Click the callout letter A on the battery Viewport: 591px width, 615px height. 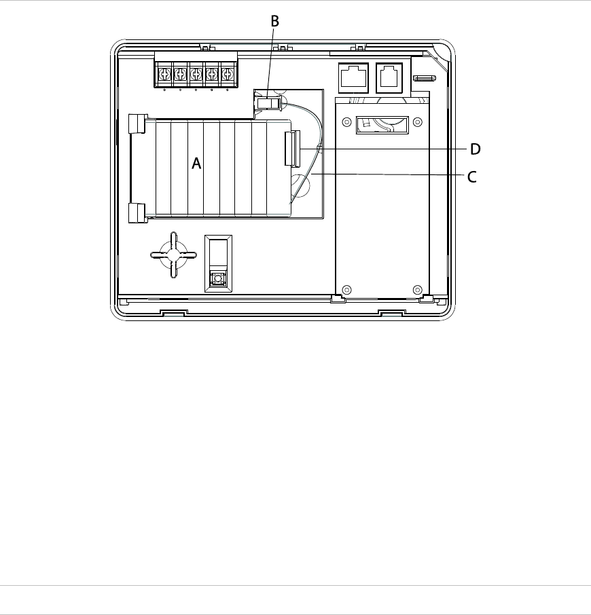tap(196, 163)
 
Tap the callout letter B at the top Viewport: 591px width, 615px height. tap(274, 21)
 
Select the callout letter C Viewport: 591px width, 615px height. tap(471, 177)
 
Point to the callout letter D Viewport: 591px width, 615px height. tap(476, 149)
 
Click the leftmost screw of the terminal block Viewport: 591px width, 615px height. tap(164, 73)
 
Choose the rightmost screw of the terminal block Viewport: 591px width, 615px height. tap(227, 73)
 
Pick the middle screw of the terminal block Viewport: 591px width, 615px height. tap(196, 73)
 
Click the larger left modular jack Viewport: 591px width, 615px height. tap(353, 77)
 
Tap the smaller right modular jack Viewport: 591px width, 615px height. tap(389, 77)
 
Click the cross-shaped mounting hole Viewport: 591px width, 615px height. tap(173, 255)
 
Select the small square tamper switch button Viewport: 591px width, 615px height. tap(218, 279)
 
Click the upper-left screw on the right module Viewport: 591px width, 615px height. tap(347, 122)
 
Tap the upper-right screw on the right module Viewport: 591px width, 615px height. tap(418, 122)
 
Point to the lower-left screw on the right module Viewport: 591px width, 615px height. tap(347, 290)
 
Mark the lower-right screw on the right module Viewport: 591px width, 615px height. tap(418, 290)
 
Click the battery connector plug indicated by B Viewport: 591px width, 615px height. tap(268, 104)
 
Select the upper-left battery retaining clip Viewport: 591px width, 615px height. tap(137, 124)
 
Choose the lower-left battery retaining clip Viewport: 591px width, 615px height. tap(137, 213)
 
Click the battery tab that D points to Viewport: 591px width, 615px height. tap(292, 149)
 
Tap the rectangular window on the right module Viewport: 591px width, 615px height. tap(382, 125)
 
